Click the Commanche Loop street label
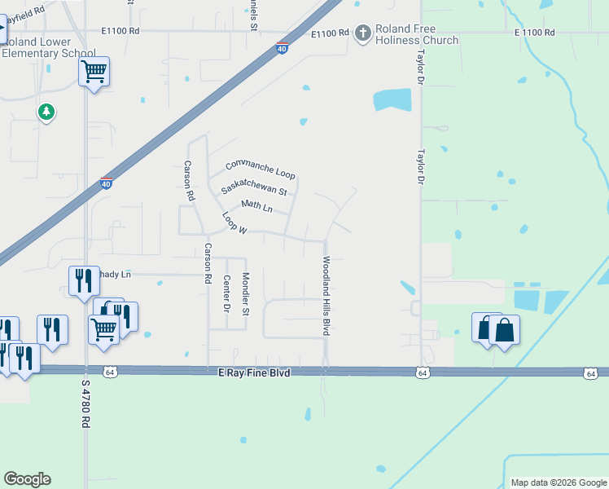[x=260, y=170]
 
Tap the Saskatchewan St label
[x=254, y=187]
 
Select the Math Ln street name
[x=256, y=205]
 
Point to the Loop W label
[x=234, y=224]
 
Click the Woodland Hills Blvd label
[x=326, y=297]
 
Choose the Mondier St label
[x=247, y=294]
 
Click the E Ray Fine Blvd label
[x=255, y=372]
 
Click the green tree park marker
[x=46, y=112]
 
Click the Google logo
[x=27, y=479]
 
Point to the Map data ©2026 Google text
[x=558, y=482]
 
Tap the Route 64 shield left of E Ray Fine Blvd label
[x=109, y=372]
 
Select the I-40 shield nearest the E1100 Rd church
[x=282, y=48]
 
